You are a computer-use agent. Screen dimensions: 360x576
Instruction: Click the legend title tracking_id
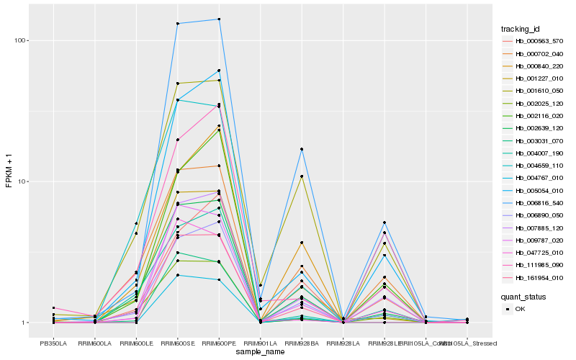pos(521,29)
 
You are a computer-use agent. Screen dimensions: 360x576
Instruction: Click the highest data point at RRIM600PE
pos(219,19)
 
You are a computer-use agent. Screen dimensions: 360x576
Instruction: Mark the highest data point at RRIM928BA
pos(302,149)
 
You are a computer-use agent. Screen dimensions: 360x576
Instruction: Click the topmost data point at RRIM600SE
pos(177,24)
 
